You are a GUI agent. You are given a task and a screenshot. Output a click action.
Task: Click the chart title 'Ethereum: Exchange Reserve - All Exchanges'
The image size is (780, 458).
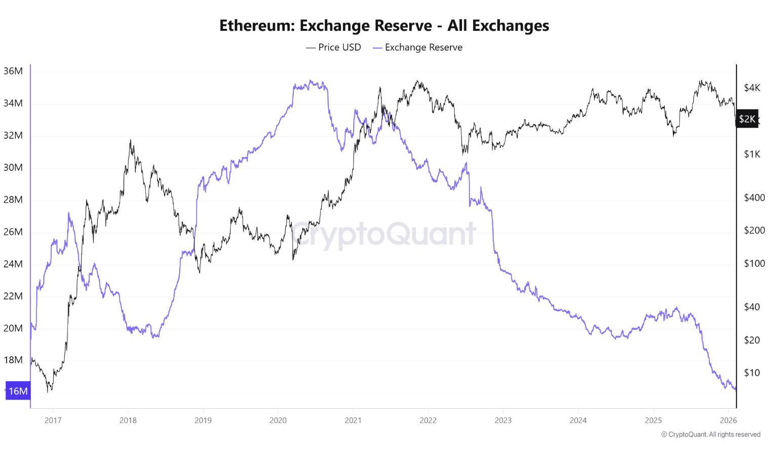[384, 26]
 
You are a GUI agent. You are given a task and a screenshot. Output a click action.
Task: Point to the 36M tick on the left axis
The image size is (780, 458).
[13, 71]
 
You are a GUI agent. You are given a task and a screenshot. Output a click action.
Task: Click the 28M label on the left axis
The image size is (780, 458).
[13, 200]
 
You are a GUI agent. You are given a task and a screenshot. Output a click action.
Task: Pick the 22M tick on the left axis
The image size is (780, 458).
[13, 296]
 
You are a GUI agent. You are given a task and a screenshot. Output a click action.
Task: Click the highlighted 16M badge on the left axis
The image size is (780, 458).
[18, 391]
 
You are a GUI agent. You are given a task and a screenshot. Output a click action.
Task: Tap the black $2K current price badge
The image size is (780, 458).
[747, 119]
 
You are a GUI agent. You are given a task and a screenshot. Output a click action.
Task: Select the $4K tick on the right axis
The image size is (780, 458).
[752, 88]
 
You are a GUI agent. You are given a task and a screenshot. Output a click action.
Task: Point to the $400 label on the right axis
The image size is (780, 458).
[754, 198]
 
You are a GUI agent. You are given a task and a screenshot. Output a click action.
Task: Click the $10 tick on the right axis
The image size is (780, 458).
[752, 373]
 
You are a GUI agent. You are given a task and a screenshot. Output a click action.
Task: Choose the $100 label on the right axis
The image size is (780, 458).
[754, 263]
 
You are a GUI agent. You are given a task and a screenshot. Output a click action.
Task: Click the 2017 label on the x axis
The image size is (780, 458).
[53, 421]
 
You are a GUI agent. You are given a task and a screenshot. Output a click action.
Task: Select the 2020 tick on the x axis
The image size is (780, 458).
[278, 421]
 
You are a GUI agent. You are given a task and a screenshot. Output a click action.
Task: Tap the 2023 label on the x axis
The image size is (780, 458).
[503, 421]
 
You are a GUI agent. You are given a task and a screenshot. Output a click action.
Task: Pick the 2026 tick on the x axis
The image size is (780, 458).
[728, 421]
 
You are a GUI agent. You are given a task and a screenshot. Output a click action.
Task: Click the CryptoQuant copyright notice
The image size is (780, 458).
[711, 435]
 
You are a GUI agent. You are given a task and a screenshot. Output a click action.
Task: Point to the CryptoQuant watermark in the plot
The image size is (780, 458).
[383, 235]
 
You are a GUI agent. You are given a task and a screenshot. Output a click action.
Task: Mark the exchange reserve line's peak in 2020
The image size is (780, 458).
[310, 81]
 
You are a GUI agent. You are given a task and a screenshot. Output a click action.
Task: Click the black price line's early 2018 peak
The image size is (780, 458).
[131, 140]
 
